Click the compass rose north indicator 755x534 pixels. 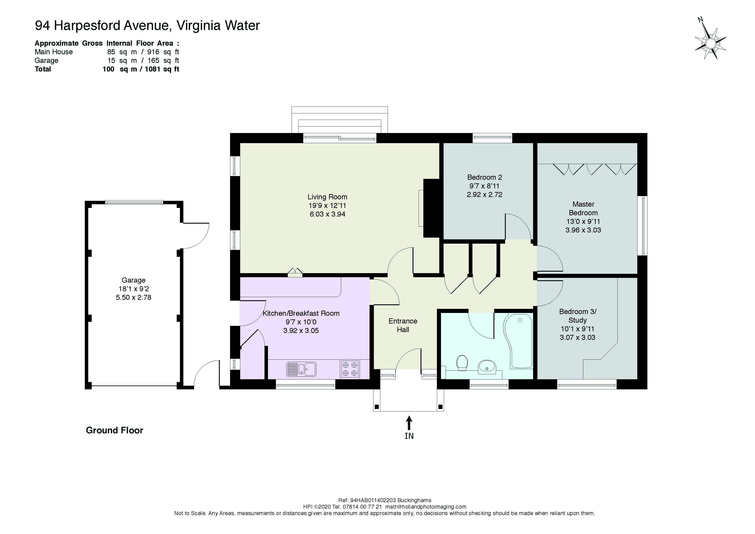(x=710, y=43)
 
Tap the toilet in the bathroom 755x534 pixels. (x=462, y=363)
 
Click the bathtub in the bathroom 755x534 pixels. (x=518, y=341)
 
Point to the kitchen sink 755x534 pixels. (x=301, y=369)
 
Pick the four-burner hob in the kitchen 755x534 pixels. (x=350, y=369)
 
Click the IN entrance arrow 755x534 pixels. (x=409, y=423)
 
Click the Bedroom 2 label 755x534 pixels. (x=485, y=177)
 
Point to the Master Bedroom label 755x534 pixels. (x=583, y=209)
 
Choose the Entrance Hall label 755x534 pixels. (x=403, y=325)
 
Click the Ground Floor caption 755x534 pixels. (x=114, y=430)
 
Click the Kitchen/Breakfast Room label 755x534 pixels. (x=301, y=313)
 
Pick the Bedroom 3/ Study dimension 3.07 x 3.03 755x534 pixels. (x=578, y=337)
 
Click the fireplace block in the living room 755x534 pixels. (x=432, y=208)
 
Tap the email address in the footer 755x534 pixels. (x=426, y=507)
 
